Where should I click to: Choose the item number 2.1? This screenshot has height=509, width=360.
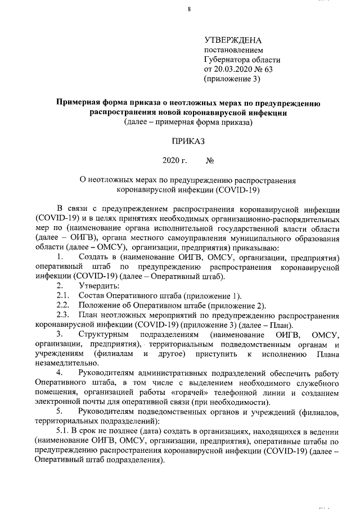pos(62,296)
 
